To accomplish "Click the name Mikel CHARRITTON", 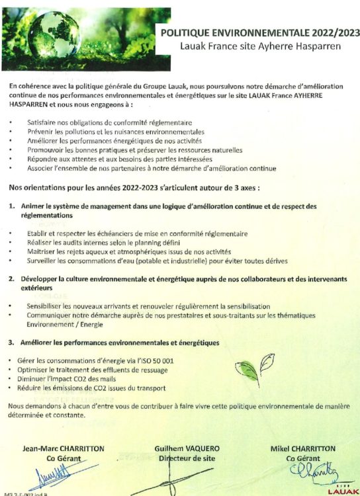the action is click(303, 448).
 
